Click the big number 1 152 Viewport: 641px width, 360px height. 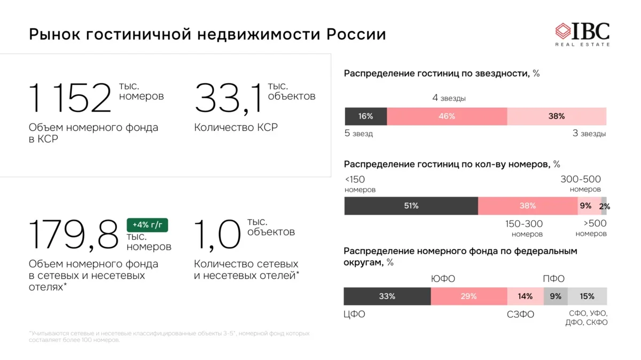pos(70,98)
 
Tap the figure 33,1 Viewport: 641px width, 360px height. pos(229,98)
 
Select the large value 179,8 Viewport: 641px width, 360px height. pos(73,235)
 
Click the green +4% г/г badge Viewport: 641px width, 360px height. pos(147,225)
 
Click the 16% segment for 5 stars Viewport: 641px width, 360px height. pos(366,116)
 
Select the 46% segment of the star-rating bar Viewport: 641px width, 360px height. pos(447,116)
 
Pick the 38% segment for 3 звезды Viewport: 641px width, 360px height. pos(557,116)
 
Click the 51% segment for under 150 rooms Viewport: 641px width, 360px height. pos(411,206)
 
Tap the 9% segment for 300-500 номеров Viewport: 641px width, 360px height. pos(585,206)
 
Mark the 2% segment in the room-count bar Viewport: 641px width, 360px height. pos(604,206)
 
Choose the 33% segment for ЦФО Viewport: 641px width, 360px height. pos(387,296)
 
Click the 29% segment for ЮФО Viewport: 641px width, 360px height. pos(468,296)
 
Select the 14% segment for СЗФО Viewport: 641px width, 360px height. pos(525,296)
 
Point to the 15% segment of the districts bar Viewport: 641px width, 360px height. pos(587,296)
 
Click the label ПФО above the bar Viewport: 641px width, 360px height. pos(553,279)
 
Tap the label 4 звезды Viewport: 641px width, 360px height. pos(449,98)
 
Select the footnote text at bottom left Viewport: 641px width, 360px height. pos(169,336)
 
